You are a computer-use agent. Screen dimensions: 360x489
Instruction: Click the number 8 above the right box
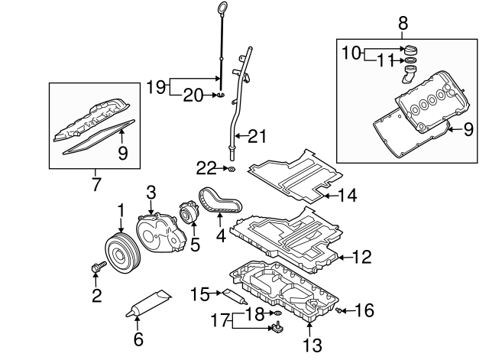pyautogui.click(x=403, y=24)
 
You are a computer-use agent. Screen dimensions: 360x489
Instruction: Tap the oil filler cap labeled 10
pyautogui.click(x=411, y=50)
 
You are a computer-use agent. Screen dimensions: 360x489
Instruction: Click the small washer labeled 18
pyautogui.click(x=277, y=313)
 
